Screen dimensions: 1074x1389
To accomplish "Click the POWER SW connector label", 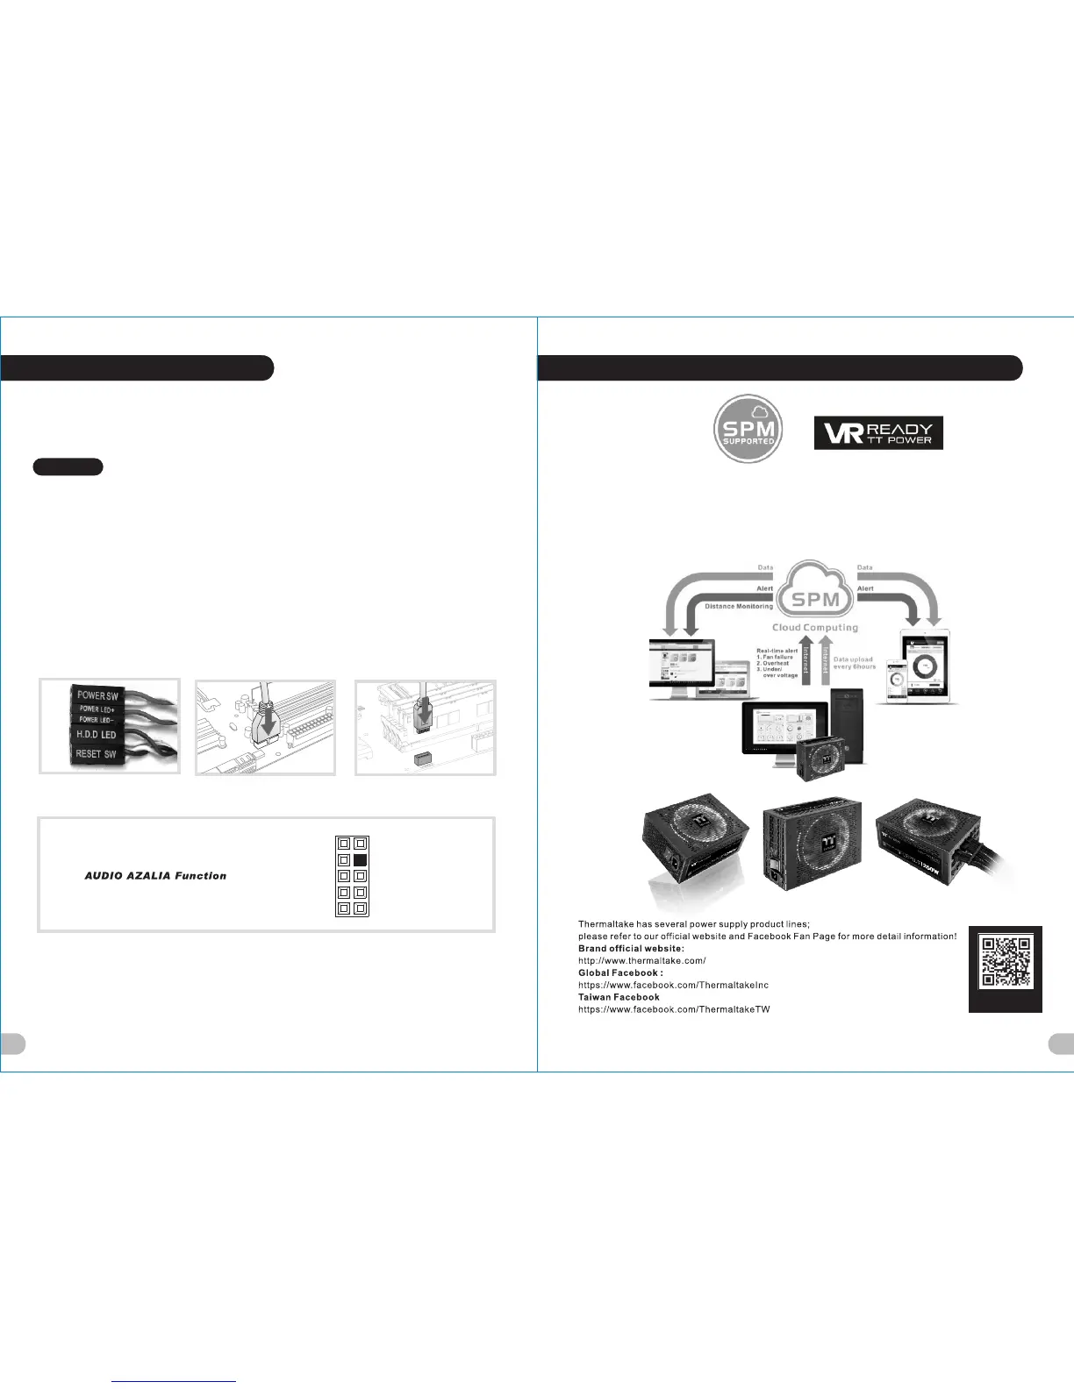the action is pos(97,695).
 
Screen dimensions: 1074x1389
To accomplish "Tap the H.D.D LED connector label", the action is pos(96,735).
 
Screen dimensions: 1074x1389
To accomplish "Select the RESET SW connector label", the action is pos(96,754).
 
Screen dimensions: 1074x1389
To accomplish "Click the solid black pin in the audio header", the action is pos(360,860).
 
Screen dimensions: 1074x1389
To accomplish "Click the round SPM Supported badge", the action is pos(748,429).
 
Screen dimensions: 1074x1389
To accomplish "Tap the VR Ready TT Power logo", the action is pos(878,433).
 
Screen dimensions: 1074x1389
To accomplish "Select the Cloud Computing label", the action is pos(815,628).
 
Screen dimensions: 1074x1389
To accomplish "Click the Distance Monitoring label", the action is pos(739,607).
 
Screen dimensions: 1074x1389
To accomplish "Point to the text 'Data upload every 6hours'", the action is pos(854,663).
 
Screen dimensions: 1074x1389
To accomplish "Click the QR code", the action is pos(1006,963).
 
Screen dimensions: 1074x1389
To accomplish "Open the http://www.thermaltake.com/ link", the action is pos(641,961).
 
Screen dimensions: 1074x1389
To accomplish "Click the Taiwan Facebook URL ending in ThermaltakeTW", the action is pos(674,1009).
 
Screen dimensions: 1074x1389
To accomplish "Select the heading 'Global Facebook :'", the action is pos(620,973).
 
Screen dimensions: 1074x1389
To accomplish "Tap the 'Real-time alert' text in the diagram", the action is pos(777,651).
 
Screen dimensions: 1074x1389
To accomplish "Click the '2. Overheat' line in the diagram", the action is pos(773,664).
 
